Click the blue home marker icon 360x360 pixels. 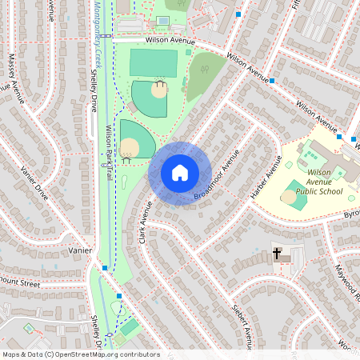180,173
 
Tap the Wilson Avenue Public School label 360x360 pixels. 318,182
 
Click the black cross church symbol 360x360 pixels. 278,254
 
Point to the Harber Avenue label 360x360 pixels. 266,182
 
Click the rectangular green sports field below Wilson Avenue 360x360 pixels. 153,62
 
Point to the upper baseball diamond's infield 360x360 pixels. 159,90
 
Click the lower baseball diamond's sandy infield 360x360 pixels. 129,147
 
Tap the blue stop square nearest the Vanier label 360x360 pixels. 105,267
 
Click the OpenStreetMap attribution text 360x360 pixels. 80,354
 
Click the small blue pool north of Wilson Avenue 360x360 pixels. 162,20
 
